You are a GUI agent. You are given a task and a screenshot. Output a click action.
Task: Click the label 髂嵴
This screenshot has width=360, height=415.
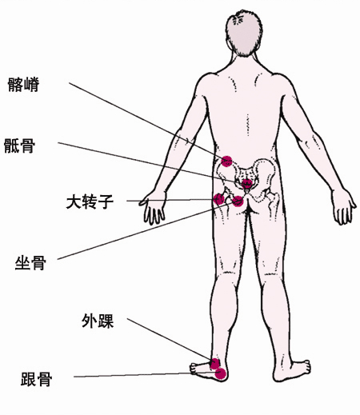(x=23, y=85)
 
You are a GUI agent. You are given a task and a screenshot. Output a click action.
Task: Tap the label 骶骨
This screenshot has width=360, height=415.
(x=19, y=146)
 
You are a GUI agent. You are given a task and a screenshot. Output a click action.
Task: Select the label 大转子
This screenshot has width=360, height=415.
(x=90, y=202)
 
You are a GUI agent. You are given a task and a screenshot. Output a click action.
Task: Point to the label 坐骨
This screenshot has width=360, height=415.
(x=30, y=262)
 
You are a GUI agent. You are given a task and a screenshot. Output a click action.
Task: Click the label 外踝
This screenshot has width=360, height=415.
(x=98, y=321)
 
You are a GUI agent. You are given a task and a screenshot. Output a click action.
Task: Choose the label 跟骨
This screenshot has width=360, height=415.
(x=36, y=379)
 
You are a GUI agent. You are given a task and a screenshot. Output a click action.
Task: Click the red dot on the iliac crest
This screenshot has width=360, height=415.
(x=226, y=162)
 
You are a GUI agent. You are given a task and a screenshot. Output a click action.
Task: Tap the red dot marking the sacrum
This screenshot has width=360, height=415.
(x=247, y=183)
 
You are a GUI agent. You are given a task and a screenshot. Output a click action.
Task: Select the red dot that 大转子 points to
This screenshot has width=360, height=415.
(x=219, y=199)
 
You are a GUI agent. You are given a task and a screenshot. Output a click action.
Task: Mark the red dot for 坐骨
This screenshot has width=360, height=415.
(x=238, y=202)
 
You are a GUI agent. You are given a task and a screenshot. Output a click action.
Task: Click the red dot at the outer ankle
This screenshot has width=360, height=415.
(x=215, y=364)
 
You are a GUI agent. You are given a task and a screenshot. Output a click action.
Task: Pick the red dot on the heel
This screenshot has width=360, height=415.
(x=221, y=373)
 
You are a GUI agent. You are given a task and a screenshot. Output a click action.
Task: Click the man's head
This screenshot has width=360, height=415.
(x=244, y=34)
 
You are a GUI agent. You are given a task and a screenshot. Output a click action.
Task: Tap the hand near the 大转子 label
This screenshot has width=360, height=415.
(x=153, y=208)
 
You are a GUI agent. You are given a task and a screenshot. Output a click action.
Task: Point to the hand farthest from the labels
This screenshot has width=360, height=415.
(x=344, y=206)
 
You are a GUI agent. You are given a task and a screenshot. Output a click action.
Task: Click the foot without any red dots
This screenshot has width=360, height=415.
(x=292, y=370)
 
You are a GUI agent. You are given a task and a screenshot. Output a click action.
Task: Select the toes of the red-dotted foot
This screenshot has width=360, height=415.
(x=194, y=369)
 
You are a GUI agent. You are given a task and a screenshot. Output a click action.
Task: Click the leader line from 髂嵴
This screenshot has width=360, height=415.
(x=146, y=119)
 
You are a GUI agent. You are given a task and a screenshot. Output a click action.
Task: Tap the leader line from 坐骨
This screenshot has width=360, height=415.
(x=146, y=230)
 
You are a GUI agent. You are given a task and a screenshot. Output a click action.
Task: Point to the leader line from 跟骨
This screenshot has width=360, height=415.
(x=146, y=374)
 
